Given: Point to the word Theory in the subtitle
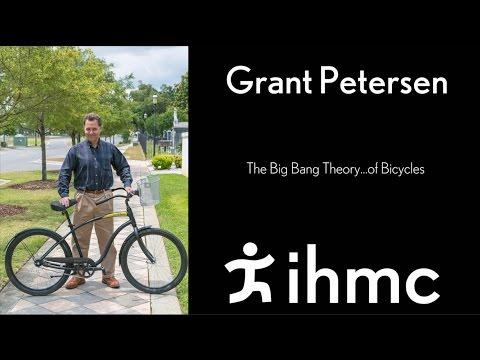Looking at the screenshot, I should (x=344, y=169).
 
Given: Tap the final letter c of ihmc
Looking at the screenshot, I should (x=419, y=284).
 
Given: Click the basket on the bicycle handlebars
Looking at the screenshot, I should (x=149, y=190).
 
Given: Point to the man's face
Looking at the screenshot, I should (x=92, y=127).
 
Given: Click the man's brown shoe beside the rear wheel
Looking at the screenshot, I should (x=74, y=282).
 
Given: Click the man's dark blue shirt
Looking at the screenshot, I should (x=94, y=165).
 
